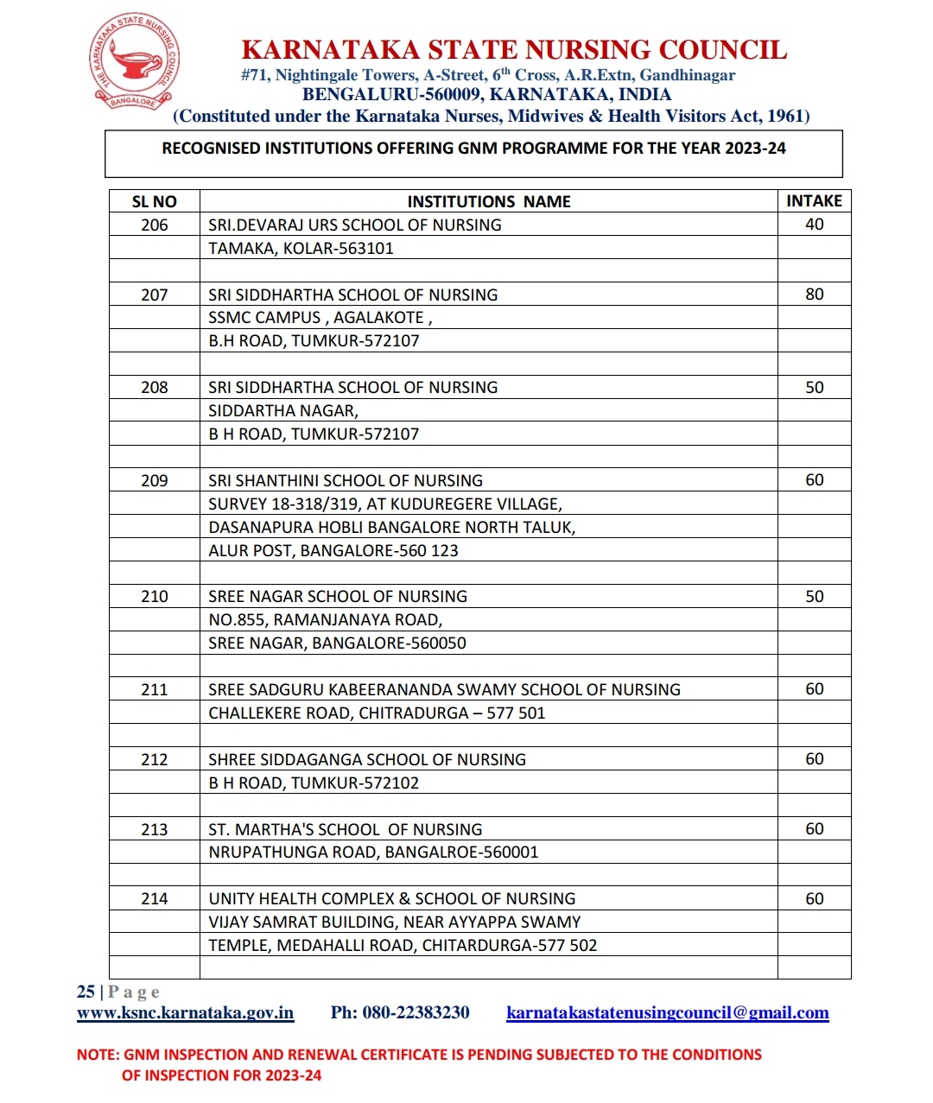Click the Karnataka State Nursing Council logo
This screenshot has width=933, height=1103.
(x=135, y=62)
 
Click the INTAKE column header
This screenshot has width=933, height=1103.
(x=814, y=201)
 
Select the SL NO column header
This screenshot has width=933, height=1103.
(x=154, y=202)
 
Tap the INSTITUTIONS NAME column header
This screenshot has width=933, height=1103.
(x=489, y=202)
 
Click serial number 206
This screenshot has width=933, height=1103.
(x=155, y=225)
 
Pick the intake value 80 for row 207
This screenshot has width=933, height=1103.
(x=814, y=295)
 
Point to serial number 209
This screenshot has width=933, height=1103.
(x=155, y=481)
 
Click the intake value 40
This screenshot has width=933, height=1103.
(x=814, y=225)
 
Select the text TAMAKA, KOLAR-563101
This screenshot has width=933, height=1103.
(x=301, y=249)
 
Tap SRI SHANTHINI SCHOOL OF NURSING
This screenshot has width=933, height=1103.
(x=346, y=481)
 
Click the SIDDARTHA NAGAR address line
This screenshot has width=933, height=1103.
(x=283, y=411)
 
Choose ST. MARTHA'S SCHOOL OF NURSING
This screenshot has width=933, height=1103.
(x=346, y=830)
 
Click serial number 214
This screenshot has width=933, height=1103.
(x=155, y=899)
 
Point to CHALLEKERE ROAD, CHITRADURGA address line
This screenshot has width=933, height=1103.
(x=377, y=713)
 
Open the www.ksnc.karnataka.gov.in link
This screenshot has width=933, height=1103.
(x=185, y=1013)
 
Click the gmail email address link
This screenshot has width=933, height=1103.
(x=667, y=1013)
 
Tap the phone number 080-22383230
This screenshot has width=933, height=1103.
(x=416, y=1013)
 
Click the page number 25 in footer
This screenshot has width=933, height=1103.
(x=86, y=992)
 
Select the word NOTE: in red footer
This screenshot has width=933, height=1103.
(x=98, y=1055)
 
